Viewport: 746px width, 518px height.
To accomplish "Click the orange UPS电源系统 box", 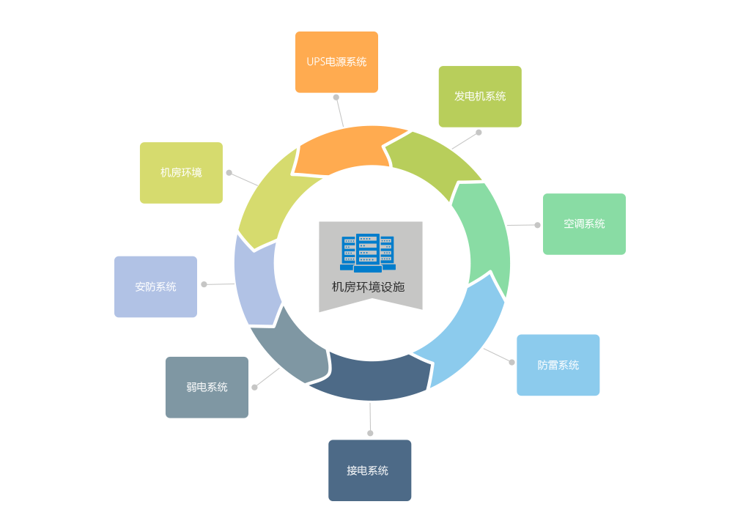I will click(x=336, y=62).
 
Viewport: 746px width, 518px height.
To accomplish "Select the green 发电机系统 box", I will click(x=480, y=97).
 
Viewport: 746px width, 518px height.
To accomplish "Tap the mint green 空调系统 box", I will click(x=584, y=224).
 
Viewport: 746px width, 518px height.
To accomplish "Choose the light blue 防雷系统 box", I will click(x=558, y=365).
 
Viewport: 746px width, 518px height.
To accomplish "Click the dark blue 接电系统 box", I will click(x=369, y=470).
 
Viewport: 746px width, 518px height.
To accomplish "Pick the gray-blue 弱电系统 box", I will click(x=207, y=387).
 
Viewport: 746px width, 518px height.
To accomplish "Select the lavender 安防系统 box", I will click(x=155, y=286).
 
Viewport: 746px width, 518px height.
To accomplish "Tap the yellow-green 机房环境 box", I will click(x=181, y=173).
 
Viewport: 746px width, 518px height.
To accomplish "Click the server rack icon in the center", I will click(x=368, y=253).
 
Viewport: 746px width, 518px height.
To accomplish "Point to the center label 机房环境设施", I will click(x=368, y=287).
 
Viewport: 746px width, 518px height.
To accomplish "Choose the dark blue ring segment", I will click(x=370, y=377).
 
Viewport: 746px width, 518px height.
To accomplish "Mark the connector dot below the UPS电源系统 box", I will click(x=336, y=97).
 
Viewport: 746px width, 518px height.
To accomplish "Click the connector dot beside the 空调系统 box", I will click(x=537, y=225).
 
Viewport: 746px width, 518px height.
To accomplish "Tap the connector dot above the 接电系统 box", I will click(x=370, y=433).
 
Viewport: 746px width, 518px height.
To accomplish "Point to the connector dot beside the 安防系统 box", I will click(x=204, y=284).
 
